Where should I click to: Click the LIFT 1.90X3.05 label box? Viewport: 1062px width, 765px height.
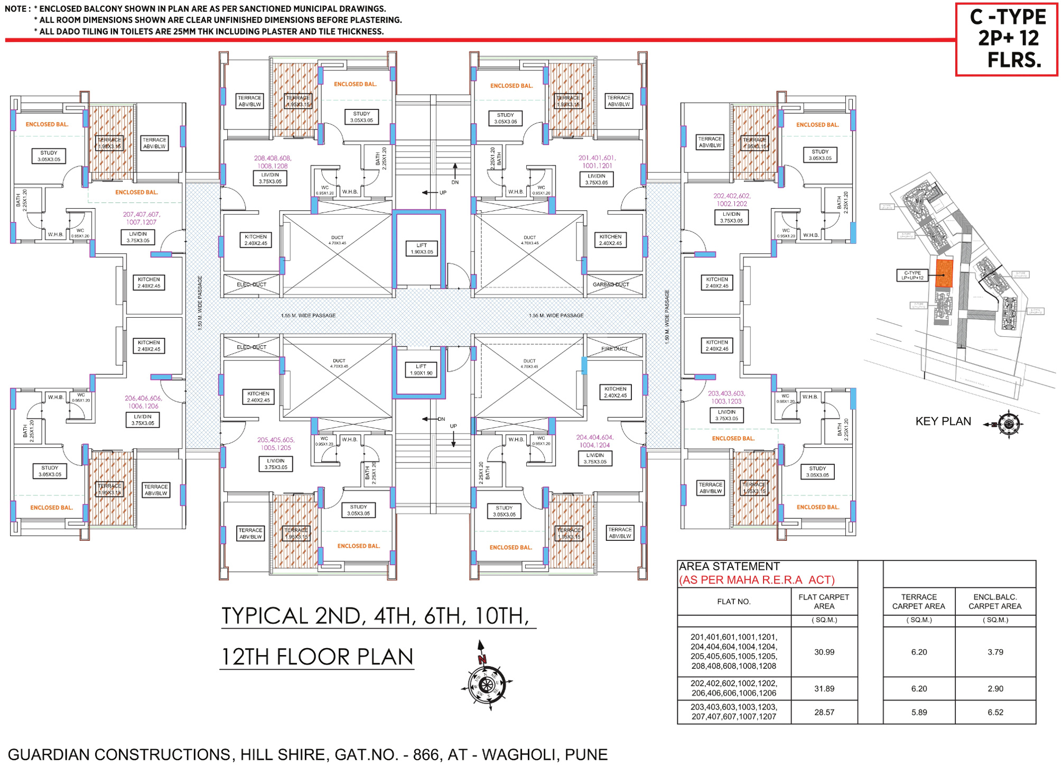(x=421, y=248)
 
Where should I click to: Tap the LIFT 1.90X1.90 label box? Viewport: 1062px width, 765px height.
(x=421, y=370)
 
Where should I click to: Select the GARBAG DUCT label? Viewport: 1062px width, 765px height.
(x=611, y=284)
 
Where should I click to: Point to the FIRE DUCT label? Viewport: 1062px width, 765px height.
(x=614, y=348)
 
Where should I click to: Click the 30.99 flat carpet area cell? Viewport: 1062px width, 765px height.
(x=824, y=652)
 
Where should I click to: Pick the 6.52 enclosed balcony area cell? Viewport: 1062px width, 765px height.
(x=995, y=712)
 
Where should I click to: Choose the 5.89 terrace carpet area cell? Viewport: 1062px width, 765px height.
(x=919, y=712)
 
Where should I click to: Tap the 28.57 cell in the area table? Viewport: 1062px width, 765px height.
(x=824, y=712)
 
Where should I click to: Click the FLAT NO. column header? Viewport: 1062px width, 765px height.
(x=733, y=602)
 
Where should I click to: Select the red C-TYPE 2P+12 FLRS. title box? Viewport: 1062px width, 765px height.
(x=1006, y=39)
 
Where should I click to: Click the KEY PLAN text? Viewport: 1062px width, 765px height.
(x=943, y=421)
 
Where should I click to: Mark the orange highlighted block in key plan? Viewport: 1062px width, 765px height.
(x=944, y=273)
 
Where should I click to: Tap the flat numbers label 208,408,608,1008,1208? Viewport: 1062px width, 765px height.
(x=272, y=162)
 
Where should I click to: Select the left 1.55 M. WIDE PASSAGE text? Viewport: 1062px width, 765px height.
(x=308, y=316)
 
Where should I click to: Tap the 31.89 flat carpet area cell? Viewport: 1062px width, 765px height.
(x=824, y=688)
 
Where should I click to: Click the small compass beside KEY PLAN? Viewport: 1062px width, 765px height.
(x=1009, y=423)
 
